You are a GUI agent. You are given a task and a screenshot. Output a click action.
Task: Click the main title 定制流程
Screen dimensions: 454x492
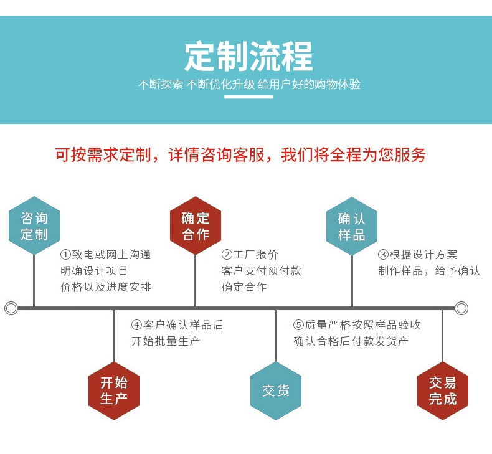click(248, 57)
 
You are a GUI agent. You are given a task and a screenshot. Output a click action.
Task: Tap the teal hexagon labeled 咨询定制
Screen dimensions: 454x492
click(34, 226)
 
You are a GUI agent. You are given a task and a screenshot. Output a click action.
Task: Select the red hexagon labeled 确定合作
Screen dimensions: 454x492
click(196, 226)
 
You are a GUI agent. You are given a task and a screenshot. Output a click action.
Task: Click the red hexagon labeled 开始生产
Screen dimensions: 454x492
click(114, 390)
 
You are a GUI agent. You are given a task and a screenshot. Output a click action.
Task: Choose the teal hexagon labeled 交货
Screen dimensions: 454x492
click(275, 390)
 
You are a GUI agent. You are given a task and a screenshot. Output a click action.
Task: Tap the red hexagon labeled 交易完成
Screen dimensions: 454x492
click(442, 390)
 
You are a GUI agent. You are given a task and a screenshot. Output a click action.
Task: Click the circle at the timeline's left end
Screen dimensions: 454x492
click(11, 308)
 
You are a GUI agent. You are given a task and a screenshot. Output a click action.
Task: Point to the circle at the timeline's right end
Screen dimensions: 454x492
click(461, 308)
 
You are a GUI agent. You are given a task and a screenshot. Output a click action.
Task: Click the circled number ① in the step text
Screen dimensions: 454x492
click(65, 255)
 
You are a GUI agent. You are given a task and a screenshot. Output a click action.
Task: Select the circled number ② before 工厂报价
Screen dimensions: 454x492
click(227, 255)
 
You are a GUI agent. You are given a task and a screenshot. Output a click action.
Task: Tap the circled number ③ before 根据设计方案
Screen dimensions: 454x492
click(383, 255)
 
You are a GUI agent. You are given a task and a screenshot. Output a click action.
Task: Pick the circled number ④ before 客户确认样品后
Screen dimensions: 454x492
click(136, 325)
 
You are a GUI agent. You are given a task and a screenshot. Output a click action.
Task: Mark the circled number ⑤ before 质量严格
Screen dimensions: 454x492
click(298, 325)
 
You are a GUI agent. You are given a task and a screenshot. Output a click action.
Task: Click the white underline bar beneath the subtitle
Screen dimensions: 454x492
click(248, 97)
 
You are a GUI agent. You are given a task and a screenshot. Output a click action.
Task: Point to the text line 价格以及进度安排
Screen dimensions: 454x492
click(106, 287)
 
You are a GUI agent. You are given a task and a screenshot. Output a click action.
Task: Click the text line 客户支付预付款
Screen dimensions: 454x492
click(262, 271)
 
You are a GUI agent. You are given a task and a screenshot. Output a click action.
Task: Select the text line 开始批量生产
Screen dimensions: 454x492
click(166, 341)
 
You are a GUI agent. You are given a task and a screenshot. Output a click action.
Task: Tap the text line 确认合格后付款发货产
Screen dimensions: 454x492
click(351, 341)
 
